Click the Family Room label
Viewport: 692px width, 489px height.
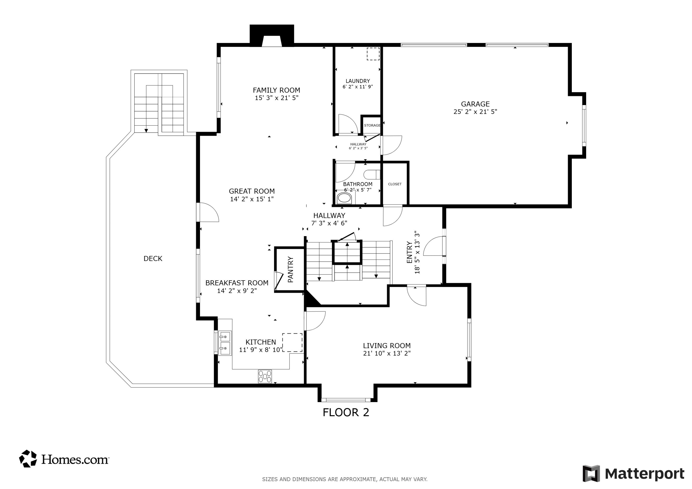pos(276,90)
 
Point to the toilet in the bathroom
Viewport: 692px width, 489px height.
pos(372,175)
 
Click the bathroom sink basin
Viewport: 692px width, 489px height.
pos(344,198)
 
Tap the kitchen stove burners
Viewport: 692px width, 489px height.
pos(265,376)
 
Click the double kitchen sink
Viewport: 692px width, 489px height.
pos(225,343)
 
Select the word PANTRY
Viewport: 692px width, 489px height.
pos(291,269)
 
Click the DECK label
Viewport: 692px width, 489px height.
pos(153,258)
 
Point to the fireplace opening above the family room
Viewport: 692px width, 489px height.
pos(271,41)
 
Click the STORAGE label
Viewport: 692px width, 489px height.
pos(372,125)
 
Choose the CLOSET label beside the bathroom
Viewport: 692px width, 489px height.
pos(395,184)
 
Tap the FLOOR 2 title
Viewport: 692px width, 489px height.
pos(346,412)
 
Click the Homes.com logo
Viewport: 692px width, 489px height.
pos(64,459)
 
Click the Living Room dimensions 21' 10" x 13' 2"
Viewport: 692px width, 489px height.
pos(387,353)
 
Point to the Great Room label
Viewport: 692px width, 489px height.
pos(252,191)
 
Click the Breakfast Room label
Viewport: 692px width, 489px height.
pos(237,283)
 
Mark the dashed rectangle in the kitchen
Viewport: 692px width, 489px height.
pos(292,343)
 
